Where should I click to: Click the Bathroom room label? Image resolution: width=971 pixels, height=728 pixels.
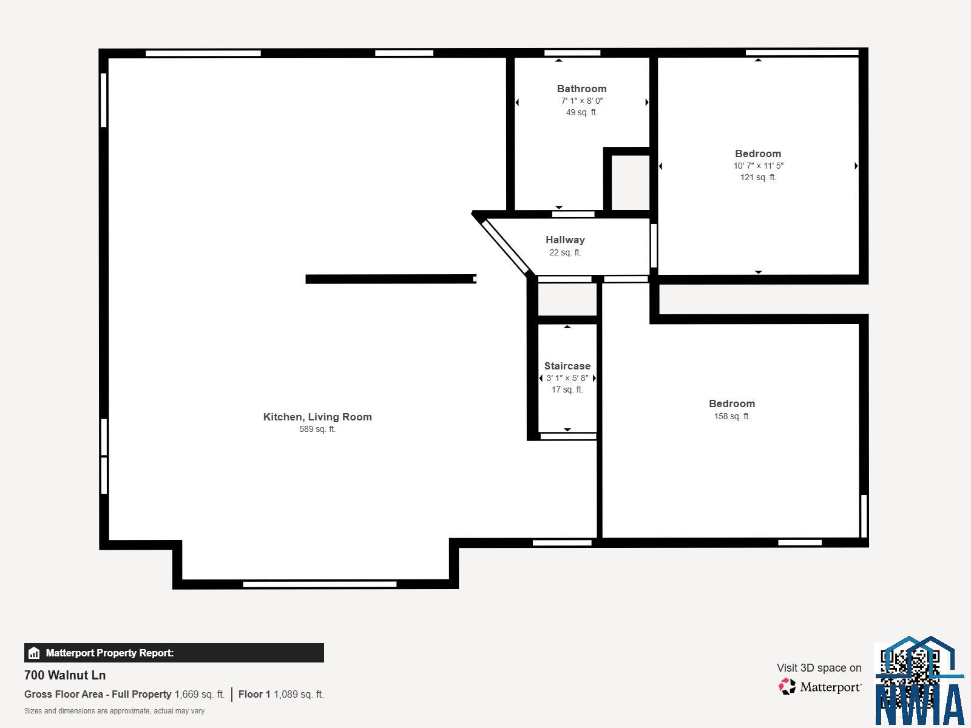coord(581,89)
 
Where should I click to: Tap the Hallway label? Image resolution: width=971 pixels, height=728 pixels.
coord(565,240)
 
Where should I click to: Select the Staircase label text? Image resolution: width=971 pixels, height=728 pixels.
coord(567,366)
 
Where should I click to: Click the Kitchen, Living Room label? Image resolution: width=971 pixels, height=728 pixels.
coord(317,417)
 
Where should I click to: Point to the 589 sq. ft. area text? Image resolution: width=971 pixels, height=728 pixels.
coord(317,429)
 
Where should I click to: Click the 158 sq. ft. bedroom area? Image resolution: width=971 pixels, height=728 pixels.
coord(732,416)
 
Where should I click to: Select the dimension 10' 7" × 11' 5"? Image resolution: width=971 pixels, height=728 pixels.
coord(758,166)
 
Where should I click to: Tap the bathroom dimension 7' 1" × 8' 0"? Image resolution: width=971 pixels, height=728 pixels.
coord(581,101)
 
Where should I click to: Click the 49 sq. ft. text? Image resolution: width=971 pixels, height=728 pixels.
coord(581,113)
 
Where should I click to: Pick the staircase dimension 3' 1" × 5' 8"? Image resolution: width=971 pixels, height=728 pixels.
coord(567,378)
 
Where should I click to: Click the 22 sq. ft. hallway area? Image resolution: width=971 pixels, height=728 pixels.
coord(565,253)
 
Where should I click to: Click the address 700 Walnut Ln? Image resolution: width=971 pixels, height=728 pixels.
coord(65,675)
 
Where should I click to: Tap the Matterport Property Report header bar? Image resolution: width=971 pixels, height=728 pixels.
coord(174,653)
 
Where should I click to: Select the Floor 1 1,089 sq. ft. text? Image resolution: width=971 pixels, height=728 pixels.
coord(281,695)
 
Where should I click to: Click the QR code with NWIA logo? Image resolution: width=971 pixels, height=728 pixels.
coord(919,681)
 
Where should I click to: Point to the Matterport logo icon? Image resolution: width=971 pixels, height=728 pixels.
coord(787,687)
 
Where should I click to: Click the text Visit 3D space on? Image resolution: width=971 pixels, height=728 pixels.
coord(819,668)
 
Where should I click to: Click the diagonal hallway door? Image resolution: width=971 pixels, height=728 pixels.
coord(506,248)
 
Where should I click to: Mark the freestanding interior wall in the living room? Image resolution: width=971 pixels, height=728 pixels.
coord(391,279)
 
